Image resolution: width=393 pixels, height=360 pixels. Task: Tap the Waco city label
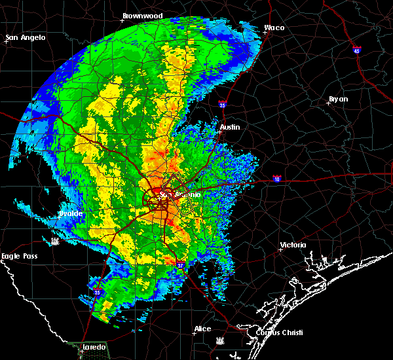(274, 28)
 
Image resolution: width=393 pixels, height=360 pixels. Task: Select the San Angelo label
(26, 37)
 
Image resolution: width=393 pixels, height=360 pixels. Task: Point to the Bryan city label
(338, 99)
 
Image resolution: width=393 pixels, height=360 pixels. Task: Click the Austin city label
(230, 127)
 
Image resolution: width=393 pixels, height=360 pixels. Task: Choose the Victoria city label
(293, 245)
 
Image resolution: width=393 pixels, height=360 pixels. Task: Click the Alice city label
(203, 329)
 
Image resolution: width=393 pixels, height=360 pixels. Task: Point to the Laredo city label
(93, 346)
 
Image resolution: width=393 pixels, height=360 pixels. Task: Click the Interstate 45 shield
(357, 50)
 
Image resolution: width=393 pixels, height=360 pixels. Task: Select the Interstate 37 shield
(181, 264)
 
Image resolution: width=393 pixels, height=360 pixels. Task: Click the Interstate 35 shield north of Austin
(223, 103)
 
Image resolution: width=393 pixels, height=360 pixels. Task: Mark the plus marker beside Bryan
(328, 103)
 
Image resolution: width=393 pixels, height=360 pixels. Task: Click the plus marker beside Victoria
(280, 249)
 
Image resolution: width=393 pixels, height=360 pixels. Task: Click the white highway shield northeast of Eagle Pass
(55, 242)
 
